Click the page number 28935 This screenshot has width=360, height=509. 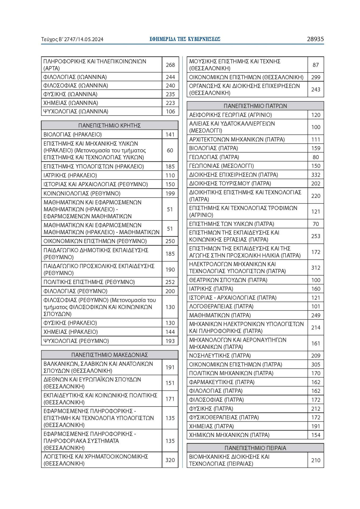pyautogui.click(x=315, y=39)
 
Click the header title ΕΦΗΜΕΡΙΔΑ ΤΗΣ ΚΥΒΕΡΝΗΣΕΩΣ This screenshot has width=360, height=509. pyautogui.click(x=185, y=39)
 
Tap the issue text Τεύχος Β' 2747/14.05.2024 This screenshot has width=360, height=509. pyautogui.click(x=72, y=39)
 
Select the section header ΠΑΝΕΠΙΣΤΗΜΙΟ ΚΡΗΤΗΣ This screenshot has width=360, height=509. pyautogui.click(x=109, y=125)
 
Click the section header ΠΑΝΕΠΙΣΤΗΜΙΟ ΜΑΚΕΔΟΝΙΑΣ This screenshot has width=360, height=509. pyautogui.click(x=109, y=355)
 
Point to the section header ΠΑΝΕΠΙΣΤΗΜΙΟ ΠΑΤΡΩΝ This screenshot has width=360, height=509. pyautogui.click(x=255, y=106)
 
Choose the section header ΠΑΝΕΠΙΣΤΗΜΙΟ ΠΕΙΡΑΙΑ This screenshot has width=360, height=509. pyautogui.click(x=255, y=448)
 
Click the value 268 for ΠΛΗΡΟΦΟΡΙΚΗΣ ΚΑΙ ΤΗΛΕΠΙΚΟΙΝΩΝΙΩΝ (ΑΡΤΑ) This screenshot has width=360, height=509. pyautogui.click(x=170, y=65)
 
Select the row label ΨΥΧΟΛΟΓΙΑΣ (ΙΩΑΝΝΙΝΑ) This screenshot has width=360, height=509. pyautogui.click(x=76, y=111)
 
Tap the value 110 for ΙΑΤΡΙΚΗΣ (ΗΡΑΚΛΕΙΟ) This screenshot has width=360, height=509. pyautogui.click(x=170, y=175)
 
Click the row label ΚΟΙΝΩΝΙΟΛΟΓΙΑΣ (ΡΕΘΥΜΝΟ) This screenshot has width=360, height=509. pyautogui.click(x=82, y=193)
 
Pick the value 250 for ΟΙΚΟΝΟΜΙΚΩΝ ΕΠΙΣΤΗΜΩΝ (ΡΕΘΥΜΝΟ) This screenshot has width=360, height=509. pyautogui.click(x=170, y=241)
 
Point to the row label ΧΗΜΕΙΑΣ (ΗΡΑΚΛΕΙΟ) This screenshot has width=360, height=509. pyautogui.click(x=70, y=332)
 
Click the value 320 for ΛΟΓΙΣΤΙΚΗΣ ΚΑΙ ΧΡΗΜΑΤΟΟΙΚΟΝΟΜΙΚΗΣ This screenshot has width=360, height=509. pyautogui.click(x=170, y=460)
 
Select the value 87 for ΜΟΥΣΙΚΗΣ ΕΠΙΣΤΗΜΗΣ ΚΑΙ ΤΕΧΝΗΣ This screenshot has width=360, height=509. pyautogui.click(x=316, y=65)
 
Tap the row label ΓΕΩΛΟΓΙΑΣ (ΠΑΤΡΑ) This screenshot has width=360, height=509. pyautogui.click(x=214, y=157)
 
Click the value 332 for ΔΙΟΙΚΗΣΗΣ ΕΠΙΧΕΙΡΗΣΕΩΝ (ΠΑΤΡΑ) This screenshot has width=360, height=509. pyautogui.click(x=316, y=175)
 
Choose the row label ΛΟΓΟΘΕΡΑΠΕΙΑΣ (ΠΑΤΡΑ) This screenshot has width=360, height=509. pyautogui.click(x=221, y=306)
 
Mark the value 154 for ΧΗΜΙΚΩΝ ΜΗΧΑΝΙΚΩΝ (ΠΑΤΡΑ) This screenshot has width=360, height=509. pyautogui.click(x=316, y=435)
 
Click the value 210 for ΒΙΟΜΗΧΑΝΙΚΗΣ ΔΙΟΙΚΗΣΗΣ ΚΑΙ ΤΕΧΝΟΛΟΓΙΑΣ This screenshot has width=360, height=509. pyautogui.click(x=316, y=460)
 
